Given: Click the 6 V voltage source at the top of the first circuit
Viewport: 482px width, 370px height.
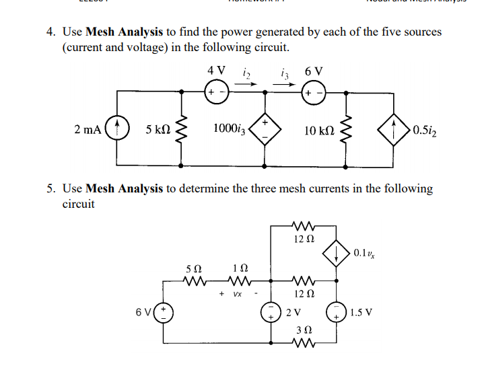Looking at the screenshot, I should point(314,91).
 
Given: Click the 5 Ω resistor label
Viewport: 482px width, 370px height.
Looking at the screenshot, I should point(193,269).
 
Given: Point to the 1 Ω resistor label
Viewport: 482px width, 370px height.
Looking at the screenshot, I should point(236,269).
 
